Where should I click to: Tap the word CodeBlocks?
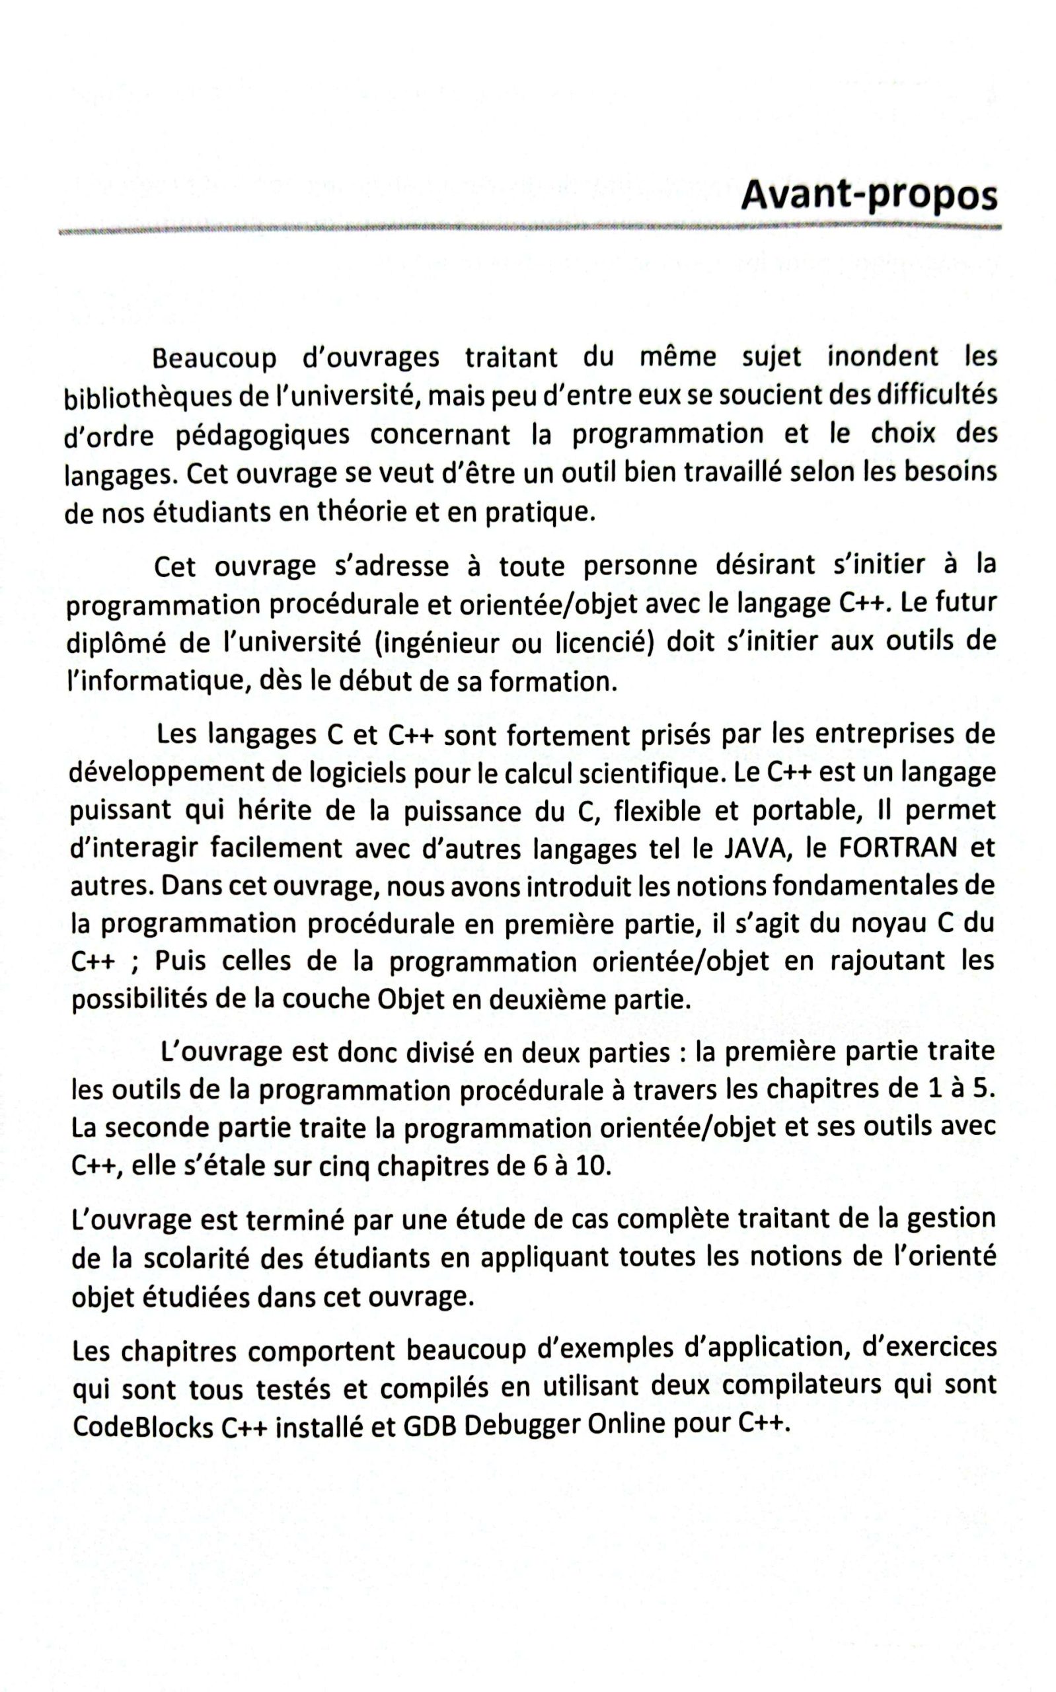(x=143, y=1426)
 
